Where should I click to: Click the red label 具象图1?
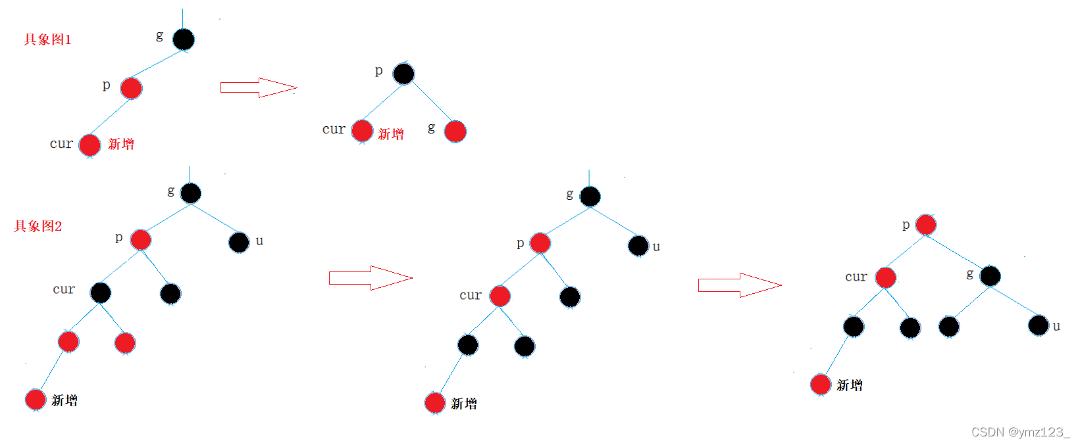coord(47,39)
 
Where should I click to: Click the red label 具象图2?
coord(38,226)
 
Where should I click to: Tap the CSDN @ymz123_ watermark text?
coord(1020,432)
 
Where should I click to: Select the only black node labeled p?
coord(403,74)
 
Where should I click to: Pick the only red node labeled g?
coord(455,131)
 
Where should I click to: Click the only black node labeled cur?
coord(101,293)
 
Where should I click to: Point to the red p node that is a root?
coord(925,225)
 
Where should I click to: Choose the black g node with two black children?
coord(990,276)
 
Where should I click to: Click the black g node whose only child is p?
coord(184,39)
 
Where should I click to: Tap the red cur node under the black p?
coord(362,131)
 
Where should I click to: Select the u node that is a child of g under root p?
coord(1039,325)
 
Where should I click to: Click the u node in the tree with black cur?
coord(239,243)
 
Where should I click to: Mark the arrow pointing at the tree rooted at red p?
coord(739,285)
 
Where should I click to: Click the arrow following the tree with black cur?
coord(371,278)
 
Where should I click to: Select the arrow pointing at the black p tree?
coord(258,87)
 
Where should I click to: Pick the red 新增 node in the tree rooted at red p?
coord(821,385)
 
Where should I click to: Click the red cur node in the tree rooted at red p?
coord(885,277)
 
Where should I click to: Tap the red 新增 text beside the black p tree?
coord(391,134)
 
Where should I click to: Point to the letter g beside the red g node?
coord(431,128)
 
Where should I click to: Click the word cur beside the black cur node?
coord(64,289)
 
